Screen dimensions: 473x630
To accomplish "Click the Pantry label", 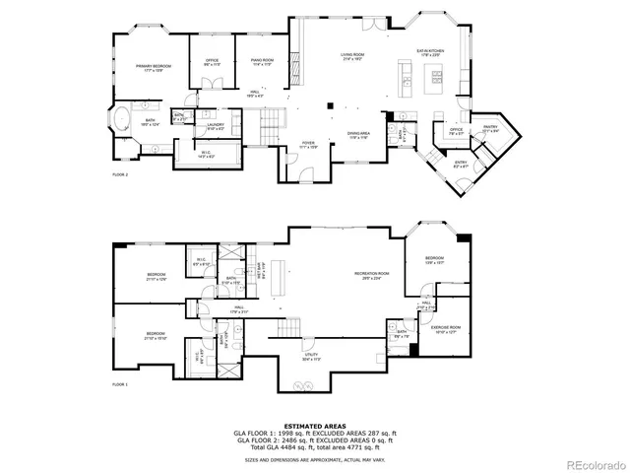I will (489, 128).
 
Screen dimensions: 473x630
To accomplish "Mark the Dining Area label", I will (357, 135).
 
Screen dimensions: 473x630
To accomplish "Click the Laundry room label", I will (216, 126).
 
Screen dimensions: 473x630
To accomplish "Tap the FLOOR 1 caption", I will (120, 383).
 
